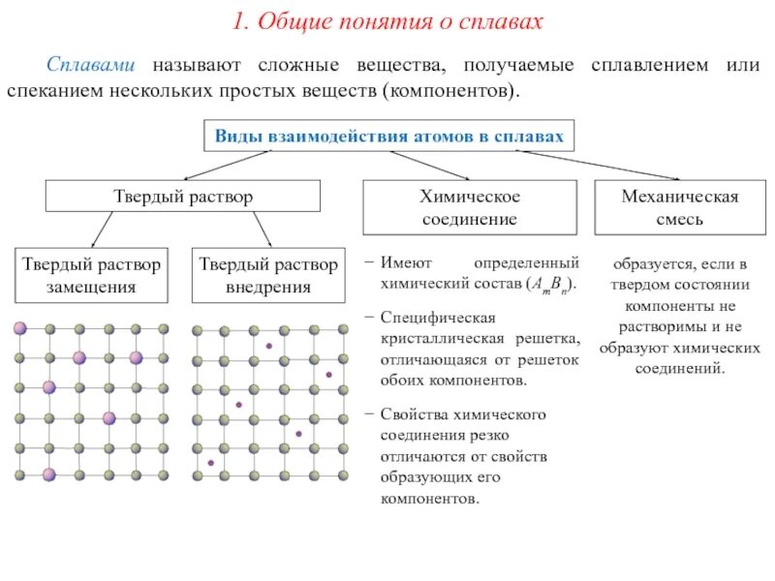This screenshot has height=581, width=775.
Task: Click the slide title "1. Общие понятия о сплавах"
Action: coord(387,21)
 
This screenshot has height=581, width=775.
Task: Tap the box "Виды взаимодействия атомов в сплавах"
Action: coord(388,137)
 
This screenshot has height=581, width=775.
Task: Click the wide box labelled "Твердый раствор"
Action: coord(184,197)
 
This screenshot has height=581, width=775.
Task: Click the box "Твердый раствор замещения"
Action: coord(93,275)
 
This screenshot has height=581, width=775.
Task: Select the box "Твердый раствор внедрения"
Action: coord(268,275)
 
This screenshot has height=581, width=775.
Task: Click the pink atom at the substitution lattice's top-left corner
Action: coord(19,329)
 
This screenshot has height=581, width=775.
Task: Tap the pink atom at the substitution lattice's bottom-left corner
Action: coord(48,475)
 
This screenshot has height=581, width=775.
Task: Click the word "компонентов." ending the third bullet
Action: coord(429,500)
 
